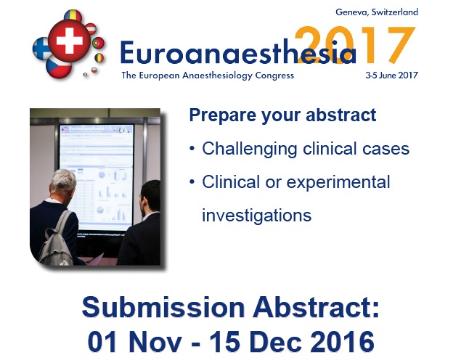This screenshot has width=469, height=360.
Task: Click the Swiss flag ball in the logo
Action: point(69,41)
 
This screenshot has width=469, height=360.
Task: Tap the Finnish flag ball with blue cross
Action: point(41,49)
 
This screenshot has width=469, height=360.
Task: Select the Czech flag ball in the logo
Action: point(59,67)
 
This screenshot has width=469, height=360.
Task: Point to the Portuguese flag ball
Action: point(98,43)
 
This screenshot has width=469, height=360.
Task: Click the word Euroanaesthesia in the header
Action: point(238,52)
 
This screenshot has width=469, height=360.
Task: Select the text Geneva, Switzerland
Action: point(377,12)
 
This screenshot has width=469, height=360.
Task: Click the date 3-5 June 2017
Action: point(391,75)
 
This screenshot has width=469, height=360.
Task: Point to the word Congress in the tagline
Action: point(274,75)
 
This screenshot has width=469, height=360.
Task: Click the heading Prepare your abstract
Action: point(282,115)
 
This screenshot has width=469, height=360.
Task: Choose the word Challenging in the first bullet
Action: point(250,149)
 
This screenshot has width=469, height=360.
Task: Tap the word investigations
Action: point(256,216)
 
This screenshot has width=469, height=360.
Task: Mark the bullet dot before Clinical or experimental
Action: point(192,181)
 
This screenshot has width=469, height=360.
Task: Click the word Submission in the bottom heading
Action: point(163,307)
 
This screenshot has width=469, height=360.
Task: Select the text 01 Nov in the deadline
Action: point(135,341)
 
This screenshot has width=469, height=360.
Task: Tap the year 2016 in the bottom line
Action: point(342,341)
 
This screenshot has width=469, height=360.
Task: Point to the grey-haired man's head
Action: point(63,182)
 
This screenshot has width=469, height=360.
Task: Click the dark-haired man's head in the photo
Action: point(150,197)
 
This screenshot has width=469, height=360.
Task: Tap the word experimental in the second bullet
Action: point(338,182)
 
